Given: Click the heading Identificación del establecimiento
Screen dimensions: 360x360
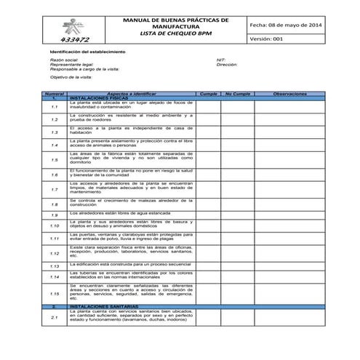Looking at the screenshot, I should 87,52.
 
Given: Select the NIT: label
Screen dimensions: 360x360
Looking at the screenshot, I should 221,60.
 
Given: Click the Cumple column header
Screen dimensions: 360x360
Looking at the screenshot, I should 209,94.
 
